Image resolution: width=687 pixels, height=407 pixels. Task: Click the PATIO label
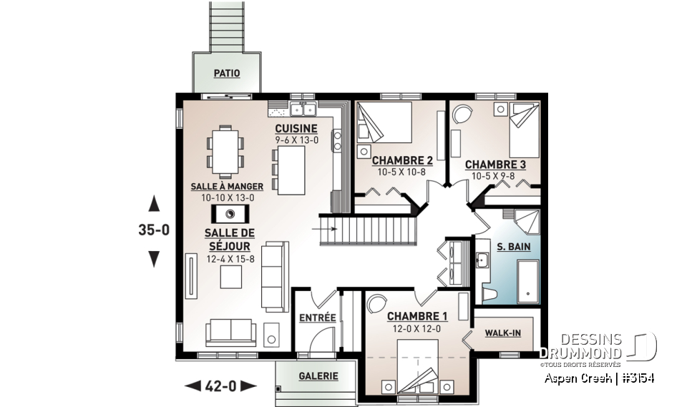pyautogui.click(x=226, y=73)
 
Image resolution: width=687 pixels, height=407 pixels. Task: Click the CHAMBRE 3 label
pyautogui.click(x=494, y=164)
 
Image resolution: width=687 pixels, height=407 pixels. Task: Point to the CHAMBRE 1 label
pyautogui.click(x=417, y=316)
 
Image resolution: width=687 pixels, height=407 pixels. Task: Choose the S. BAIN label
pyautogui.click(x=512, y=247)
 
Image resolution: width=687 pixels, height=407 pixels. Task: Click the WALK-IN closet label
pyautogui.click(x=502, y=333)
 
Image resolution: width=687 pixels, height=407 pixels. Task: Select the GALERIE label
pyautogui.click(x=318, y=375)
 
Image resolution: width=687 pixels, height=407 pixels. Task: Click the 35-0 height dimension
pyautogui.click(x=153, y=232)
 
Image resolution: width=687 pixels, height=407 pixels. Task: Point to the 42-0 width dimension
pyautogui.click(x=220, y=386)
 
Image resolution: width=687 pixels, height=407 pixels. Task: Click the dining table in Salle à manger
pyautogui.click(x=225, y=151)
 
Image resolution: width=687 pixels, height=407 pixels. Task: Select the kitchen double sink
pyautogui.click(x=303, y=110)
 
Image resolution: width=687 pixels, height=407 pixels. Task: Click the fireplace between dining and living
pyautogui.click(x=230, y=214)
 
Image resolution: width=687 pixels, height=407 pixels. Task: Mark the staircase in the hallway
pyautogui.click(x=368, y=230)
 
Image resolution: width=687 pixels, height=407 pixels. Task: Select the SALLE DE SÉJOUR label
pyautogui.click(x=230, y=239)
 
